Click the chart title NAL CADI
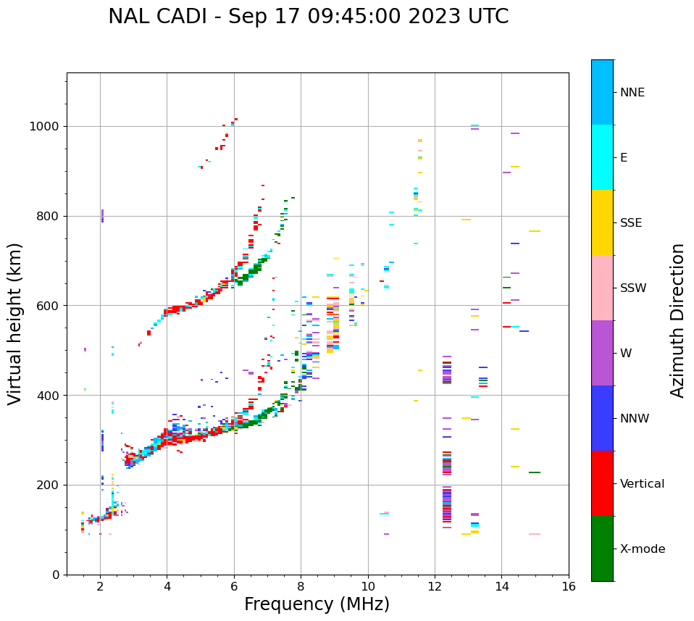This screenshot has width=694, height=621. [x=308, y=17]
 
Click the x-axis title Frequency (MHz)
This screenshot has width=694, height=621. [x=317, y=604]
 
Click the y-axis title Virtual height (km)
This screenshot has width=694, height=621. [x=15, y=324]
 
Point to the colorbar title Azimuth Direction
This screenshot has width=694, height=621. [x=677, y=320]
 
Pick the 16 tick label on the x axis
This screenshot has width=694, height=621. [x=569, y=586]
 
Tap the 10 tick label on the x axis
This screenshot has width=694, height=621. [x=368, y=586]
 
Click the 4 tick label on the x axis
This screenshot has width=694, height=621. [x=167, y=586]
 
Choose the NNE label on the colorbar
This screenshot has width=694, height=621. [x=632, y=93]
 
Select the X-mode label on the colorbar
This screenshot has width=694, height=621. [x=642, y=549]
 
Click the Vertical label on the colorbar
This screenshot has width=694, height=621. [x=642, y=484]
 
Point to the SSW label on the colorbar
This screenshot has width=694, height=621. [x=633, y=288]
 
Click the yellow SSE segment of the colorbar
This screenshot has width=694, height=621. [x=602, y=222]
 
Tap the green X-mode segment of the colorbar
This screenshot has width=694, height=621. [x=602, y=549]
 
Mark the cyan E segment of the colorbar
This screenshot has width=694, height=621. [x=602, y=157]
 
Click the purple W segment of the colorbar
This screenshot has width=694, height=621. [x=602, y=353]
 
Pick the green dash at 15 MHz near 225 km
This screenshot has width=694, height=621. [x=535, y=472]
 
